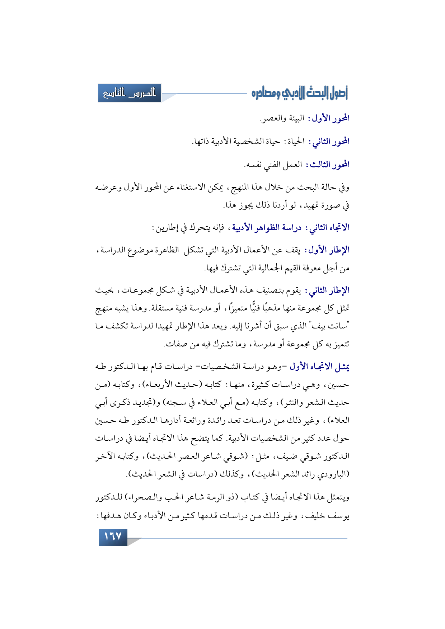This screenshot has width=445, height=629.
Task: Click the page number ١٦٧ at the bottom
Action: tap(113, 537)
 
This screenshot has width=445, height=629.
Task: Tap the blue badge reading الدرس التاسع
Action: tap(130, 93)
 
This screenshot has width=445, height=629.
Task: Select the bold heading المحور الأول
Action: tap(331, 118)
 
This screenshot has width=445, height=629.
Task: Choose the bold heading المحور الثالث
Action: tap(329, 165)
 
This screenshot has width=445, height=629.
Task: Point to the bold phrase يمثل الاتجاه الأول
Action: tap(320, 367)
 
